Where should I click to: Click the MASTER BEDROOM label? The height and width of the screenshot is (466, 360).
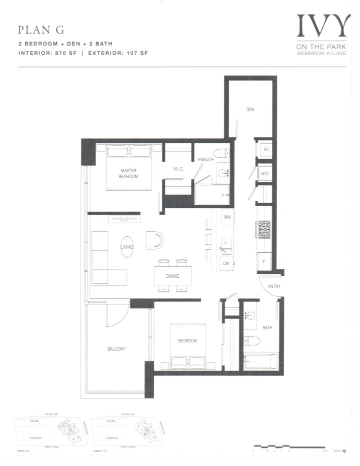coord(128,173)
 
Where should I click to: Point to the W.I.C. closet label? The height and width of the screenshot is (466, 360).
coord(179,169)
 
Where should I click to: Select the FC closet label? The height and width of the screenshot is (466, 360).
coord(266,149)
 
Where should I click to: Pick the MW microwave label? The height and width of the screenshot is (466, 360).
coord(227,217)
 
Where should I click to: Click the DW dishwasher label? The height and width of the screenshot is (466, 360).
coord(226,263)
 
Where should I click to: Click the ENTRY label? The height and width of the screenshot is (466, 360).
coord(274,286)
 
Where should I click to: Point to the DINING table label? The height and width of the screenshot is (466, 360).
coord(173,276)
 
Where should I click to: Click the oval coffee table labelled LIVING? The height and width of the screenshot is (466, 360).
coord(127,247)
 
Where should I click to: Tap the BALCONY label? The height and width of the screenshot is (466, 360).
coord(115,348)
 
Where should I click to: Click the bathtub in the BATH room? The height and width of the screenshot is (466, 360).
coord(259,362)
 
